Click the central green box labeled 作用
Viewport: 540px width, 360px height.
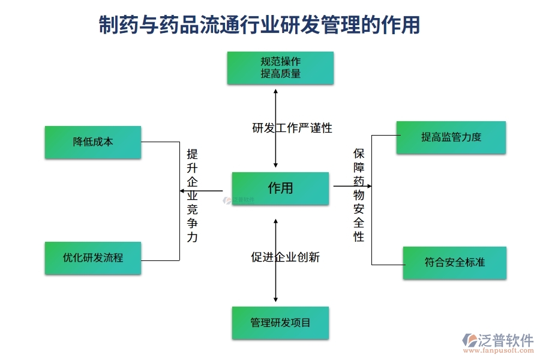280,188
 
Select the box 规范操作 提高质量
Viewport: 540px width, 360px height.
280,68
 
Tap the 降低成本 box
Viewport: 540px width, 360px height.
93,142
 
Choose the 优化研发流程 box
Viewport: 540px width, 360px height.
93,258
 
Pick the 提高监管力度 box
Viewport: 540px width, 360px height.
451,137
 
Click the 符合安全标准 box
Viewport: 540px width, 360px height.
454,263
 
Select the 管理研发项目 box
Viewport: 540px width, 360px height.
280,323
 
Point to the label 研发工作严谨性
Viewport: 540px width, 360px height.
292,128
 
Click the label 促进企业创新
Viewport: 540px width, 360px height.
285,257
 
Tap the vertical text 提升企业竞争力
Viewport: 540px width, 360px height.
192,195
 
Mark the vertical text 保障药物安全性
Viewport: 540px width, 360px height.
359,195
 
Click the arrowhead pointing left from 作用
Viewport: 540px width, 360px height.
182,191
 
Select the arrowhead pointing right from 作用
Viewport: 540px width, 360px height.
368,186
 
